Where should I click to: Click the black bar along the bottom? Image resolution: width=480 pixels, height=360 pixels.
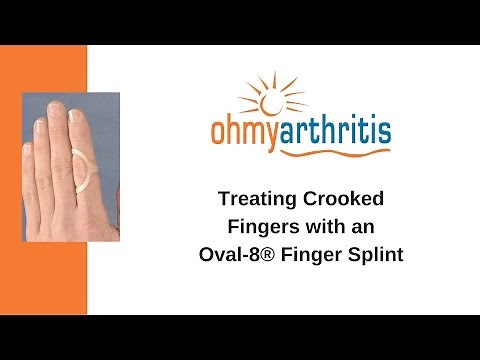click(x=240, y=337)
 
